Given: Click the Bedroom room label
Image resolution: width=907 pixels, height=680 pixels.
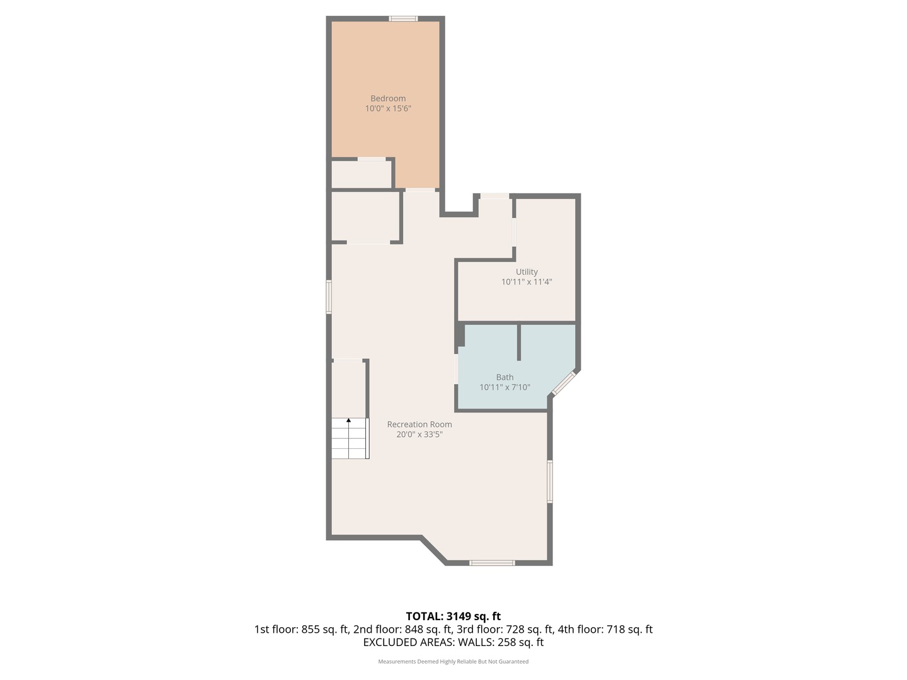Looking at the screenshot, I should [388, 98].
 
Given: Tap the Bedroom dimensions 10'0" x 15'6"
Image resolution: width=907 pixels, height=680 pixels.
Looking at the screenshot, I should [388, 109].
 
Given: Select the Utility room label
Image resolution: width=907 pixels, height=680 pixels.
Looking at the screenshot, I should [527, 272].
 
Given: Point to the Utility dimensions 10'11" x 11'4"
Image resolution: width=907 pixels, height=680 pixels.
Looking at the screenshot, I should [527, 282].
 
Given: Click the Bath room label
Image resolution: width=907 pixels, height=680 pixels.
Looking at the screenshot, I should [505, 377].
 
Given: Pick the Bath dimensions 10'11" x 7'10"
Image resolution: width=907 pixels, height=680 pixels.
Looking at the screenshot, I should [505, 387].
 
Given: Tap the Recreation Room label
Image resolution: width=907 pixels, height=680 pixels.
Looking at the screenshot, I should [419, 424].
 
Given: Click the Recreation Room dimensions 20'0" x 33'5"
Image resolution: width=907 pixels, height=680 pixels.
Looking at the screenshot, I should [419, 434].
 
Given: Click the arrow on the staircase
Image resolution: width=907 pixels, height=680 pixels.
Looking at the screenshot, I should [348, 420].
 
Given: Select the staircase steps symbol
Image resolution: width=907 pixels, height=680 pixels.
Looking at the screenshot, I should [350, 439].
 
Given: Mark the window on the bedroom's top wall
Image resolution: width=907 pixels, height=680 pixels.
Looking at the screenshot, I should [403, 19].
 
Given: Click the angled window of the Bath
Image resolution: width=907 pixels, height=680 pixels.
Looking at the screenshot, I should [564, 383].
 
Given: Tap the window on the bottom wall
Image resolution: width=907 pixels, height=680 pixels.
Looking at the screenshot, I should [492, 563].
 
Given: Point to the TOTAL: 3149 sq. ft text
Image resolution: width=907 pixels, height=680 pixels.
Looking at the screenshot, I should [453, 616].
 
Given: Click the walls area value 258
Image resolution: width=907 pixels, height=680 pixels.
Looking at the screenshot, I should [507, 642].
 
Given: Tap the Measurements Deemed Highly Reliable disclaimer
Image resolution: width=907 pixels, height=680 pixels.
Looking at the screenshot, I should [453, 662].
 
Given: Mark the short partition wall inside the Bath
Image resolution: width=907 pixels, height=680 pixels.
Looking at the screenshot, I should [519, 343].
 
